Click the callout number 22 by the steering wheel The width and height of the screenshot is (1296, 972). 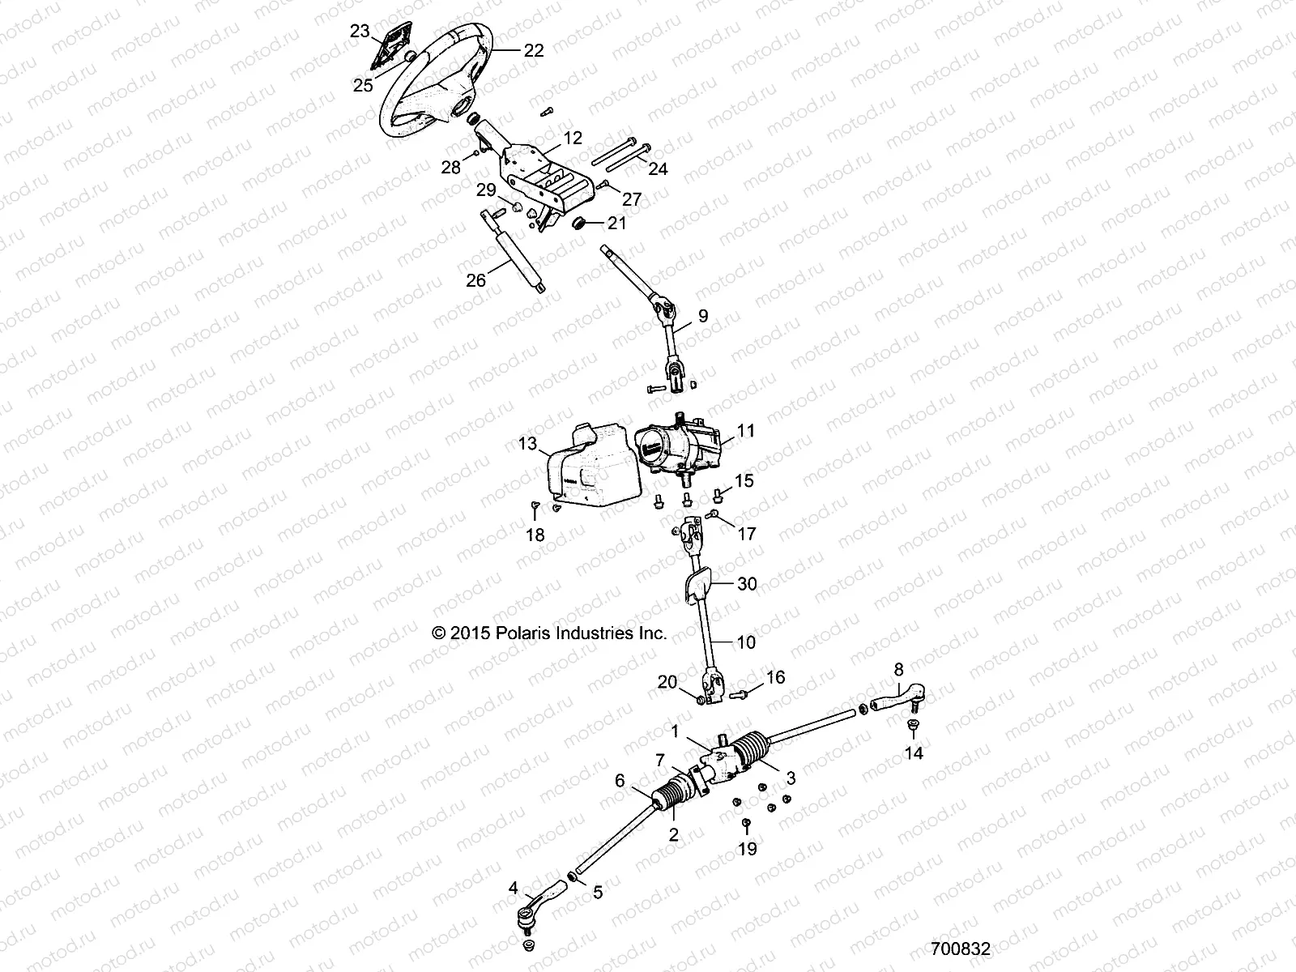533,50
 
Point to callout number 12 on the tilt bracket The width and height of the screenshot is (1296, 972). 573,139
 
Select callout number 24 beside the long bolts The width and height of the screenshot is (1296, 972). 659,169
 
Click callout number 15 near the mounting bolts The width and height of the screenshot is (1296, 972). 744,480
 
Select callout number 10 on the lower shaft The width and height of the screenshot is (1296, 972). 746,642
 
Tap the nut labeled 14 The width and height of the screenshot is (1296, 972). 912,727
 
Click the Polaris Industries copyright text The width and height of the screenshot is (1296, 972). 551,633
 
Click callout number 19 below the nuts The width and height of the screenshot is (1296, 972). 747,849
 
